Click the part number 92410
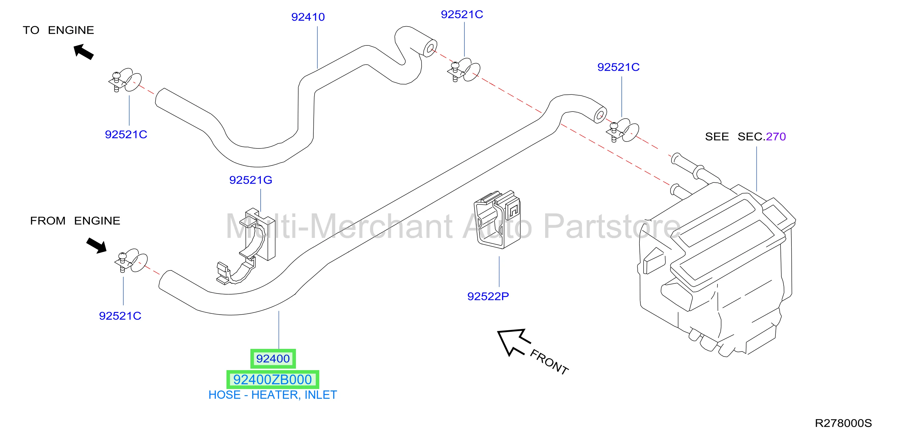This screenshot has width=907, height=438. (308, 17)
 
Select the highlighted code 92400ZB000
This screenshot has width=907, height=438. (273, 380)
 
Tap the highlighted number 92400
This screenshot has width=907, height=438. (273, 359)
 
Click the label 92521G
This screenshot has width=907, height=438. (251, 180)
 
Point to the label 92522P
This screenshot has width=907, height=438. (488, 296)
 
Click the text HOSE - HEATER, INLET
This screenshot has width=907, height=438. (273, 395)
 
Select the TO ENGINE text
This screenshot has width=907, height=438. (59, 30)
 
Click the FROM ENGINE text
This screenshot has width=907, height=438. (75, 221)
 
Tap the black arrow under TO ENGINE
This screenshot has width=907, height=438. (83, 52)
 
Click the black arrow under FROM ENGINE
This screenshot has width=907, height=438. (96, 245)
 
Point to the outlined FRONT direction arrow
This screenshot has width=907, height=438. (513, 342)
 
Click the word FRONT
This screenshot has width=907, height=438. (549, 362)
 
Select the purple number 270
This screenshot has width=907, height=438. (776, 136)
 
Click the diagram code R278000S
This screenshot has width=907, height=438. (843, 423)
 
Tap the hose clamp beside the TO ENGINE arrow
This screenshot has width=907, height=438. (125, 81)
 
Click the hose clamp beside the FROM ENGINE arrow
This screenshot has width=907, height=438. (131, 261)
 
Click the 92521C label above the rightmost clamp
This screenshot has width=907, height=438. (618, 67)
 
